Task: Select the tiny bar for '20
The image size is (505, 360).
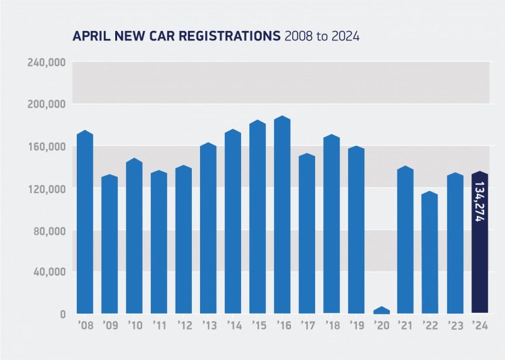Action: (381, 310)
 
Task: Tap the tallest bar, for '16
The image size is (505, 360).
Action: (282, 215)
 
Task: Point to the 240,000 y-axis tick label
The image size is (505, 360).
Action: (46, 63)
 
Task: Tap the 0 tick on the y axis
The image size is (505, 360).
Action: (62, 314)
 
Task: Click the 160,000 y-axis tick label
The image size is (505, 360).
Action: (46, 147)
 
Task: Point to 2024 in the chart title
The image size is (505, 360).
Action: (345, 36)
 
